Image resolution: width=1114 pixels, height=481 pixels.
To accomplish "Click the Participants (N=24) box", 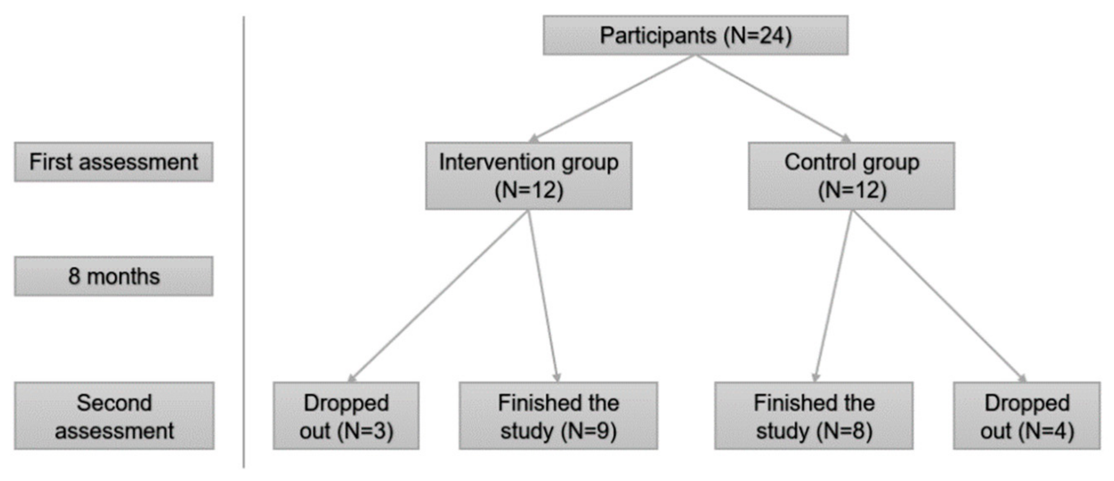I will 695,35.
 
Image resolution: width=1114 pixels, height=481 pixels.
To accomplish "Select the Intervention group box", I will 528,176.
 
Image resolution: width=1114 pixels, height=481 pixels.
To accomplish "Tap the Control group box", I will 851,176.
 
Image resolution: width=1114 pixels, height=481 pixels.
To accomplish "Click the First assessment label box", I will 113,162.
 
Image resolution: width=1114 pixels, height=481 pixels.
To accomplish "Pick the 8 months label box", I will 113,276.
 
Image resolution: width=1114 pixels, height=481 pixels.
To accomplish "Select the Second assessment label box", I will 114,416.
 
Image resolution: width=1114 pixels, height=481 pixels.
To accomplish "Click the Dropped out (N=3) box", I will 346,416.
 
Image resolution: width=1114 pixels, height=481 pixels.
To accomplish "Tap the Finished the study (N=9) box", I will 558,416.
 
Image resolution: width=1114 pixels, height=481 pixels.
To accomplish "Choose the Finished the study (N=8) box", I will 813,416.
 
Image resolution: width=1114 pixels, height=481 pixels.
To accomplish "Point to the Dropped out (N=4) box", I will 1026,416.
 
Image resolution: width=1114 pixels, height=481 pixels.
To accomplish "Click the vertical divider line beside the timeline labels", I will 243,242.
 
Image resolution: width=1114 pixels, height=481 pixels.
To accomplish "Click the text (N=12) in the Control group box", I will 851,190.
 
